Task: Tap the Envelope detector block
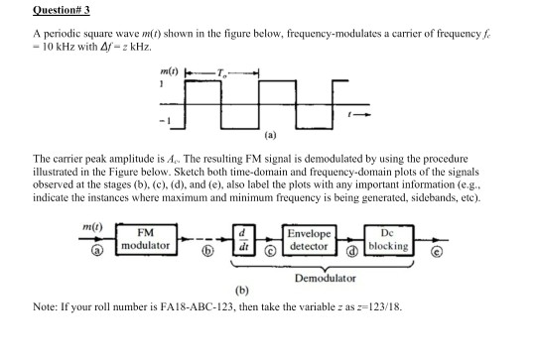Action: click(309, 239)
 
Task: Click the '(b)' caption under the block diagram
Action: click(239, 295)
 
